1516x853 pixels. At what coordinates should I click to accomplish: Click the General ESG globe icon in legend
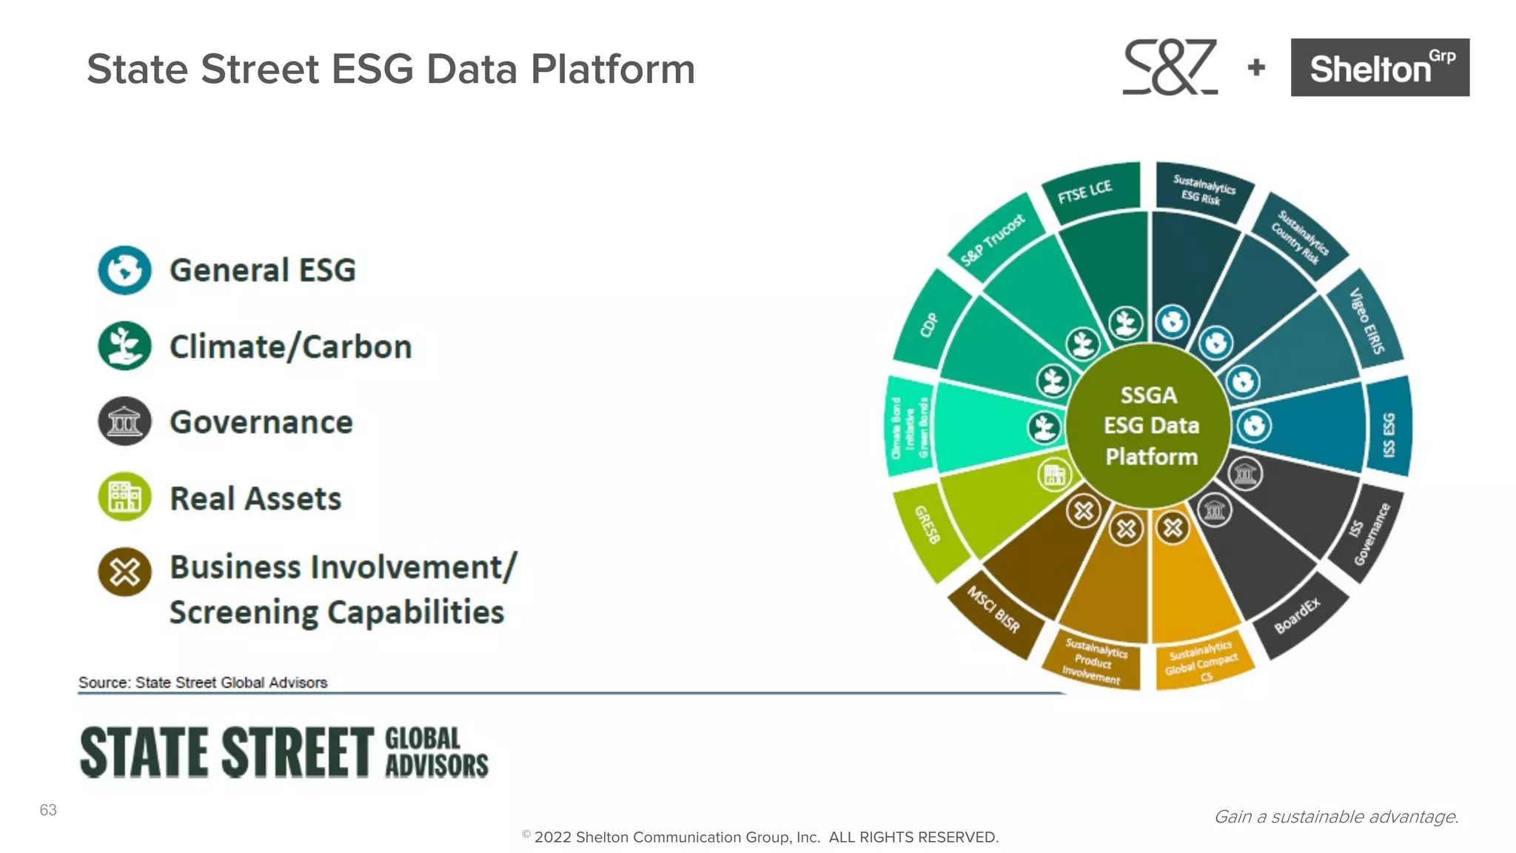tap(124, 270)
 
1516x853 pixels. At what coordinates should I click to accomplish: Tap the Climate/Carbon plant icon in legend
tap(124, 346)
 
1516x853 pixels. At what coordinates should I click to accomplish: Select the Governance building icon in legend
tap(124, 421)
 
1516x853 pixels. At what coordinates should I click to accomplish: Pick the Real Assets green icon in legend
tap(124, 497)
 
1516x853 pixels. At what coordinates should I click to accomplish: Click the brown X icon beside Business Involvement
tap(124, 572)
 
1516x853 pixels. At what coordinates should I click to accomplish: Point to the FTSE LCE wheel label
tap(1084, 192)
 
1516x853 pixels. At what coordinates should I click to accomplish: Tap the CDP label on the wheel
tap(929, 324)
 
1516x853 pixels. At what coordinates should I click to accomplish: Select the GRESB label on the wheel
tap(928, 524)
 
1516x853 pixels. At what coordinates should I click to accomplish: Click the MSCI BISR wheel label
tap(993, 609)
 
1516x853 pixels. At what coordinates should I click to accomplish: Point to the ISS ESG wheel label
tap(1389, 435)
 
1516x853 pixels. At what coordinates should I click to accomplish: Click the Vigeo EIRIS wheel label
tap(1366, 321)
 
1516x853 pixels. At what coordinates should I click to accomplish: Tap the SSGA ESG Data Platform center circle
tap(1150, 426)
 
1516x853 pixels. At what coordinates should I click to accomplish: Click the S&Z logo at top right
tap(1170, 67)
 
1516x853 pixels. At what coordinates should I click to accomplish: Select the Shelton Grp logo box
tap(1380, 67)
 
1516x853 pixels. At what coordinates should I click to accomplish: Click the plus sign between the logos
tap(1256, 67)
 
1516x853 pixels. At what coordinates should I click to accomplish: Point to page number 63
tap(48, 810)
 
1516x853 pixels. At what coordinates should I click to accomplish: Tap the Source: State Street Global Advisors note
tap(203, 683)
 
